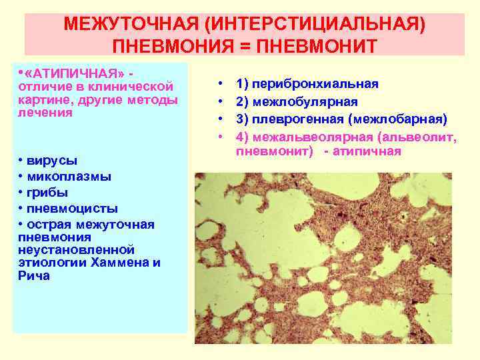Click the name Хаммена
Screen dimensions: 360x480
point(126,262)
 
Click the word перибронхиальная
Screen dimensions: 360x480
point(314,85)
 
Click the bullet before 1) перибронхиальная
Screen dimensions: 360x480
point(221,85)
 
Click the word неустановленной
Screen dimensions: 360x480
point(77,249)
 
